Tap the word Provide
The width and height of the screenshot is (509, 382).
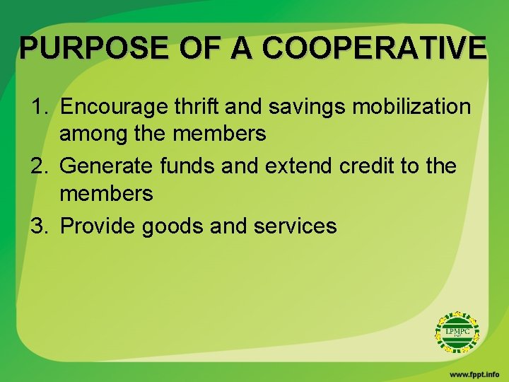point(99,226)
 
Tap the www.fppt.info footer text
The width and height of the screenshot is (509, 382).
point(474,373)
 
